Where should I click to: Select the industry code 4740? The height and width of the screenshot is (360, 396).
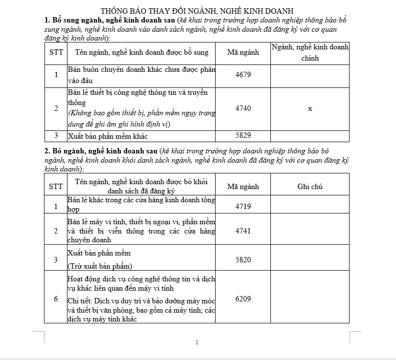coord(243,108)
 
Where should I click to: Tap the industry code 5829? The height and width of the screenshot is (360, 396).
coord(243,136)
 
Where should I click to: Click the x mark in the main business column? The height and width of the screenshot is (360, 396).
coord(310,109)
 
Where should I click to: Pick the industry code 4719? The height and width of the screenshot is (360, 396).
coord(243,207)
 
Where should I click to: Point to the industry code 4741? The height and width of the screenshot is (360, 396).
coord(243,231)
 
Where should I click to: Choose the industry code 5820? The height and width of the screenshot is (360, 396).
coord(243,260)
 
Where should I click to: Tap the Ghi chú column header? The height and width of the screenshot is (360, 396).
coord(310,187)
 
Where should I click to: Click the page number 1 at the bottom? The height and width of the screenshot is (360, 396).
coord(197,342)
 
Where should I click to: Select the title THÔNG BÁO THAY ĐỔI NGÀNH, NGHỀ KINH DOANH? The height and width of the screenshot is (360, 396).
coord(197,11)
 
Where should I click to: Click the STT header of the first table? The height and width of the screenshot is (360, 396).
coord(56,52)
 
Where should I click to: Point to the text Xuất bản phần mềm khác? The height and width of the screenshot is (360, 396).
coord(108,136)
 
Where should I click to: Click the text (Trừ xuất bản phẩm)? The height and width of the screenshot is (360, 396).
coord(99,266)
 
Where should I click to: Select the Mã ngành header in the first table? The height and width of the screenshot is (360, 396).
coord(243,52)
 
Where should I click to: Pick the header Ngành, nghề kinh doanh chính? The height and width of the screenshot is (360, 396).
coord(310,52)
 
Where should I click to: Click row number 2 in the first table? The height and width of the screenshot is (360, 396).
coord(56,108)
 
